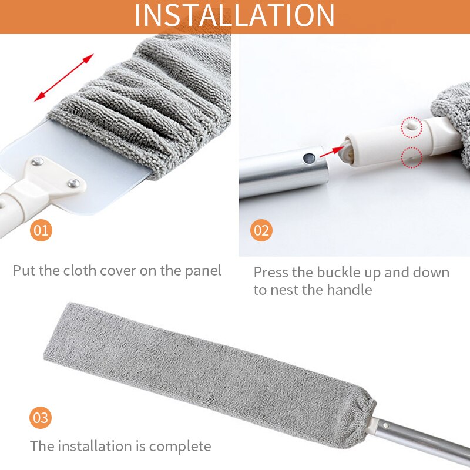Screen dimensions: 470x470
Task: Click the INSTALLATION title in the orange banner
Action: (234, 16)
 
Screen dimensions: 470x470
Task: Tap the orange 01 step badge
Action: (41, 230)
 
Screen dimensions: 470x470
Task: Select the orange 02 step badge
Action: (261, 230)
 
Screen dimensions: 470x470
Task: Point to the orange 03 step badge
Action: (41, 418)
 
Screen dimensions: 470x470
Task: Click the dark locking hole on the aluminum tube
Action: (307, 158)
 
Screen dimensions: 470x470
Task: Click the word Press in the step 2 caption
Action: (271, 273)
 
